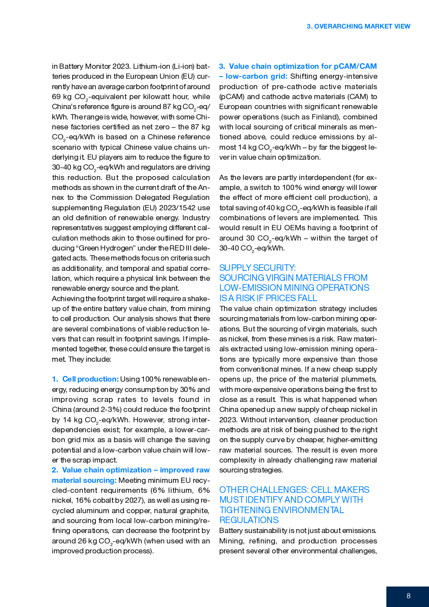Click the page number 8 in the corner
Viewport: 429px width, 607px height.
pos(408,596)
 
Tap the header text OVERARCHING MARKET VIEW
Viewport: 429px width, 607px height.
pos(362,26)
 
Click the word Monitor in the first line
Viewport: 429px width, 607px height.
pos(98,66)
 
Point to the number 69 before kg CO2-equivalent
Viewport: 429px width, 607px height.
pos(56,96)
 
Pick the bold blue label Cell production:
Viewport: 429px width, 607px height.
pos(90,379)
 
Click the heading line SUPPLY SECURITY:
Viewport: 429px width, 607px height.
pos(257,268)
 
